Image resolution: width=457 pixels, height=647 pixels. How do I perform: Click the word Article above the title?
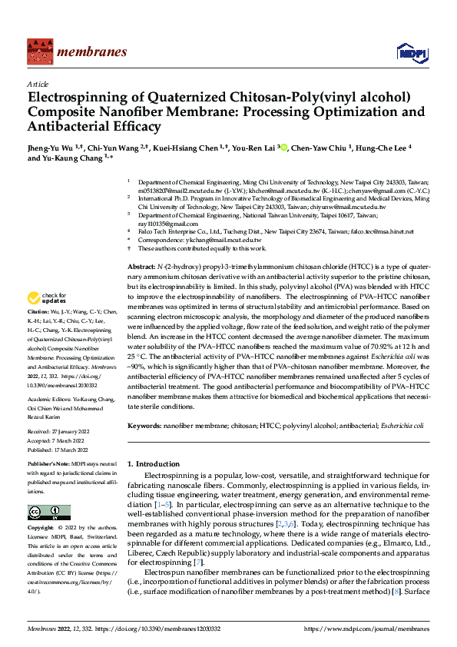38,84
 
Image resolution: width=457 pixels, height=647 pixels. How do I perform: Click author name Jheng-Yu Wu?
51,147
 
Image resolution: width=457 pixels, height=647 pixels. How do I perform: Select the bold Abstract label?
141,265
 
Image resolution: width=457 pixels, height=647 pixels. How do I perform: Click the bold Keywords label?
144,425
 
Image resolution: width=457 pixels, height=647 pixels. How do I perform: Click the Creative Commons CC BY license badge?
49,513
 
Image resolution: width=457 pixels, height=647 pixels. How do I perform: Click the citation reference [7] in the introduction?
220,563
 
